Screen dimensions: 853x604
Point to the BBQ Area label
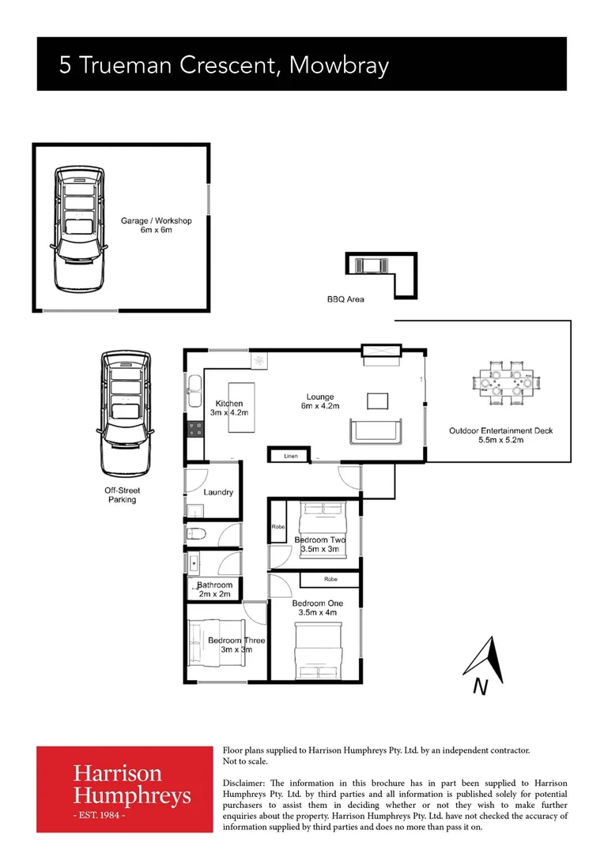pos(345,299)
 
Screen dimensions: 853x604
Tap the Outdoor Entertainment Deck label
pos(500,435)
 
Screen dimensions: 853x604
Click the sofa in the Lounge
pos(376,430)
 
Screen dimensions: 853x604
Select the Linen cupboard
pos(290,456)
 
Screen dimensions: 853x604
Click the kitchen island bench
pos(243,407)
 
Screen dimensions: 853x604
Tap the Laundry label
pos(218,492)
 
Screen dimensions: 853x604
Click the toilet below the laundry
pos(197,535)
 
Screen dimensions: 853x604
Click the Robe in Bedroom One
pos(330,580)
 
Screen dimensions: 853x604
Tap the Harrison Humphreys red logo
pos(125,788)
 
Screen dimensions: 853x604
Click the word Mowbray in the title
pos(339,65)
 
